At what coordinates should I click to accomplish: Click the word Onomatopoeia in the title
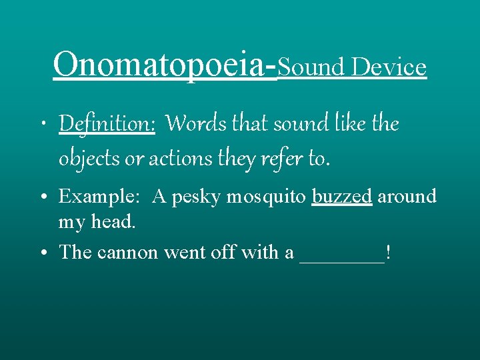pyautogui.click(x=160, y=65)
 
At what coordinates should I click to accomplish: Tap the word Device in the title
pyautogui.click(x=389, y=67)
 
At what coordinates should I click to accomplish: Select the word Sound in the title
pyautogui.click(x=311, y=67)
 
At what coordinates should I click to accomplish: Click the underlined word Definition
pyautogui.click(x=107, y=124)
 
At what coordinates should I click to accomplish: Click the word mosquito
pyautogui.click(x=266, y=197)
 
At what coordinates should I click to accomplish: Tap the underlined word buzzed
pyautogui.click(x=341, y=197)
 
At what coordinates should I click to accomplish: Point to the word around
pyautogui.click(x=407, y=197)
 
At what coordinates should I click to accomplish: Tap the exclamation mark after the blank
pyautogui.click(x=388, y=253)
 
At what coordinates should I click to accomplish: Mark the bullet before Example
pyautogui.click(x=47, y=197)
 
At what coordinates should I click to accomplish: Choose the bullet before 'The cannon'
pyautogui.click(x=47, y=253)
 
